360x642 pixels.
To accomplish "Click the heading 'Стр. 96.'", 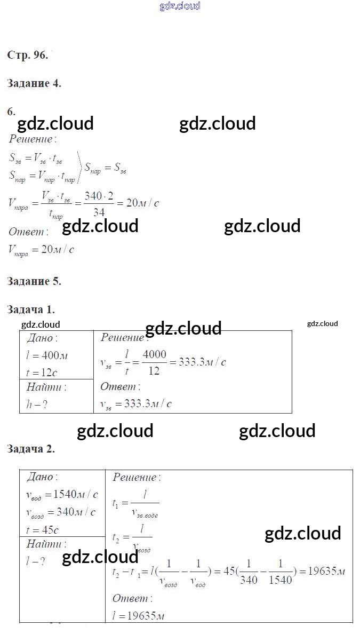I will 28,55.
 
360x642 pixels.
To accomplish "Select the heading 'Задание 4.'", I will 34,83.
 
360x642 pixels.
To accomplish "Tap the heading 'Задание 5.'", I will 34,281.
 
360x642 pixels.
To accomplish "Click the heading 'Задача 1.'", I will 31,310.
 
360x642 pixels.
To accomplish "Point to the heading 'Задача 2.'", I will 31,449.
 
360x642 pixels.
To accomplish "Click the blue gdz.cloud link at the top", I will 180,6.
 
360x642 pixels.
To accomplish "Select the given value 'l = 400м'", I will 47,355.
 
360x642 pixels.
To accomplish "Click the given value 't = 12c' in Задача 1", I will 42,372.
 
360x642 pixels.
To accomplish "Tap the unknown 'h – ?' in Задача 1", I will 37,404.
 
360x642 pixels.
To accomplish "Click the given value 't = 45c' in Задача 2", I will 42,530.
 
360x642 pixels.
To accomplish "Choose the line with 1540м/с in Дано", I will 62,494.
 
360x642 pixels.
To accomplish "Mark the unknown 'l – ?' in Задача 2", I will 36,561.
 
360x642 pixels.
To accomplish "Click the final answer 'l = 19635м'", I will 138,615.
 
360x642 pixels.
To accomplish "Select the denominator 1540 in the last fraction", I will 281,580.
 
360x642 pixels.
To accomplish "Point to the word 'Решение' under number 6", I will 32,139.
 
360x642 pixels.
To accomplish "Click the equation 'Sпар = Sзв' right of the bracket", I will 106,169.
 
